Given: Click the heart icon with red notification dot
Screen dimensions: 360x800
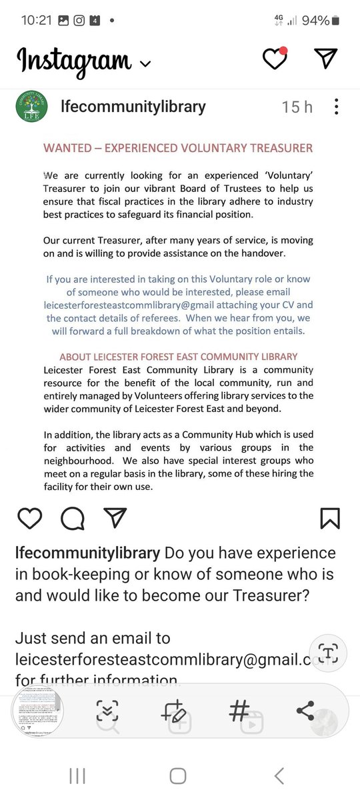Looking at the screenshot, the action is click(274, 59).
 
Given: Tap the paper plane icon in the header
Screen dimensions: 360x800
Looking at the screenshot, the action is click(325, 59).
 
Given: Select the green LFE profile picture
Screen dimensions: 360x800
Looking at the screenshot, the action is click(31, 107).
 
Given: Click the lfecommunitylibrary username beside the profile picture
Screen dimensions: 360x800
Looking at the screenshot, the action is click(133, 107).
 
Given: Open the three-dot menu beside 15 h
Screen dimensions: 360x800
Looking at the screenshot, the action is click(337, 107).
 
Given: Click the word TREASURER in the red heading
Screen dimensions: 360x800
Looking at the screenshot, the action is click(273, 148).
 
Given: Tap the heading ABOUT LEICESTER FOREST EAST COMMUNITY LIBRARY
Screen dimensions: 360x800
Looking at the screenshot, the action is click(178, 357).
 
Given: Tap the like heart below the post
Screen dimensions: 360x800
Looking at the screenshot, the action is click(30, 518).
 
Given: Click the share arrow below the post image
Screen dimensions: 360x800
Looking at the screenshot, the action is click(115, 518).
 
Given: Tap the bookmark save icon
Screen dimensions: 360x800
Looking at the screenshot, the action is click(330, 518).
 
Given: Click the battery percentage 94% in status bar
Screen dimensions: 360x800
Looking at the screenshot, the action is click(315, 20).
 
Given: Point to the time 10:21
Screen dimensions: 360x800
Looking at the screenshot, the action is click(36, 20).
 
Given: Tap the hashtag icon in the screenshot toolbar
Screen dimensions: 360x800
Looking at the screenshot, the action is click(239, 711).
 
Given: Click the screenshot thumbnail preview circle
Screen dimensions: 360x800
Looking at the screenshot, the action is click(38, 711).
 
